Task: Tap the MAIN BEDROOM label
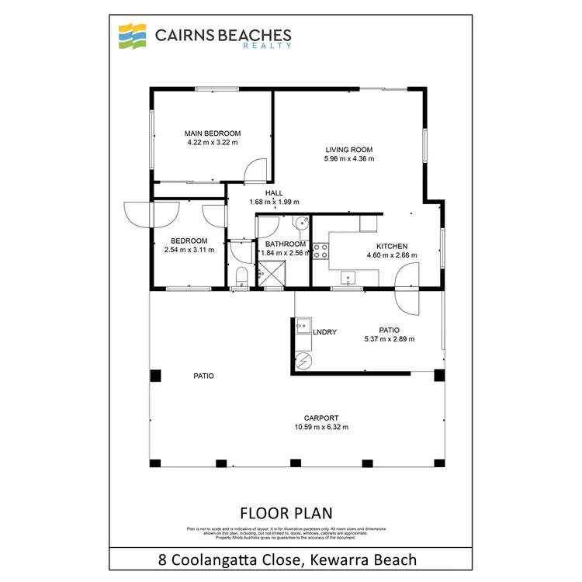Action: click(212, 133)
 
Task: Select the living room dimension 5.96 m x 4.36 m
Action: click(349, 159)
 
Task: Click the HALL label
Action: click(274, 193)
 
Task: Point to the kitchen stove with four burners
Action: click(320, 251)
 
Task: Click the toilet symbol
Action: click(241, 277)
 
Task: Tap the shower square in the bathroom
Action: click(272, 273)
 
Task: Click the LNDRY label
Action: click(324, 332)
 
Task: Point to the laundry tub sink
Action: click(302, 326)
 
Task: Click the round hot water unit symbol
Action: click(303, 361)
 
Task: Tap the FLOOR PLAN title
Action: click(286, 513)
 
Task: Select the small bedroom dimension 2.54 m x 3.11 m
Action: click(189, 250)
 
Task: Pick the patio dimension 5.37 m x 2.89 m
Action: click(389, 339)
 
